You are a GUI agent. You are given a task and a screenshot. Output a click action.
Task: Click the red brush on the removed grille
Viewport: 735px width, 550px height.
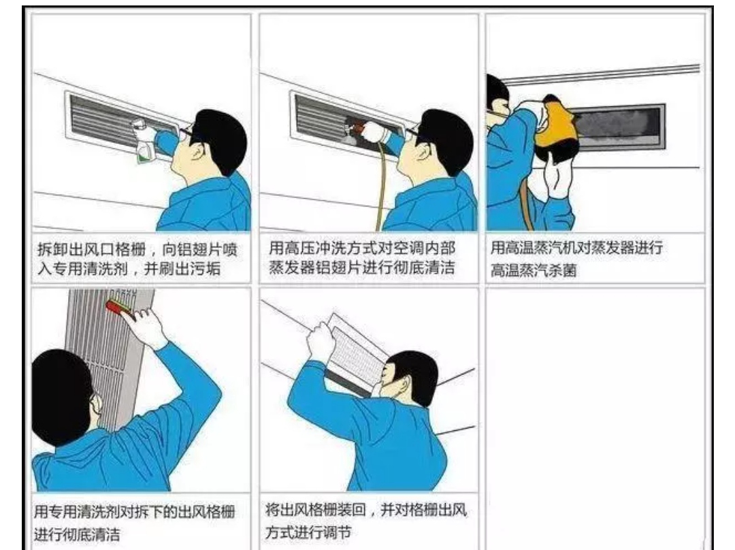click(120, 310)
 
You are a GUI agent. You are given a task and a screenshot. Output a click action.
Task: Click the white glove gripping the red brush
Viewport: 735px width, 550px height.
click(147, 325)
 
